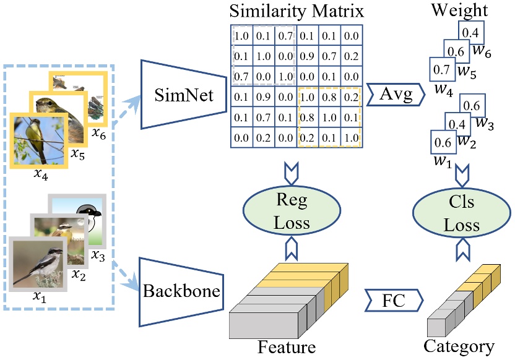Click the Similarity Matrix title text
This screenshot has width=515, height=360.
point(295,11)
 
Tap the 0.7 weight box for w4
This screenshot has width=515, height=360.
point(440,70)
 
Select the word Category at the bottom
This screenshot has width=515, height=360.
point(459,346)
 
